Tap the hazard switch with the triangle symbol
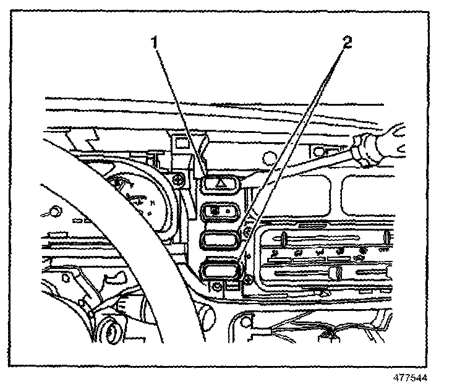[221, 183]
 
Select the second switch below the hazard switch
[221, 211]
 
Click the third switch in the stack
[221, 240]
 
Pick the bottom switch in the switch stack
[221, 269]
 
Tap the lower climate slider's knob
[338, 273]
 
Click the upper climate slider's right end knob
[386, 236]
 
